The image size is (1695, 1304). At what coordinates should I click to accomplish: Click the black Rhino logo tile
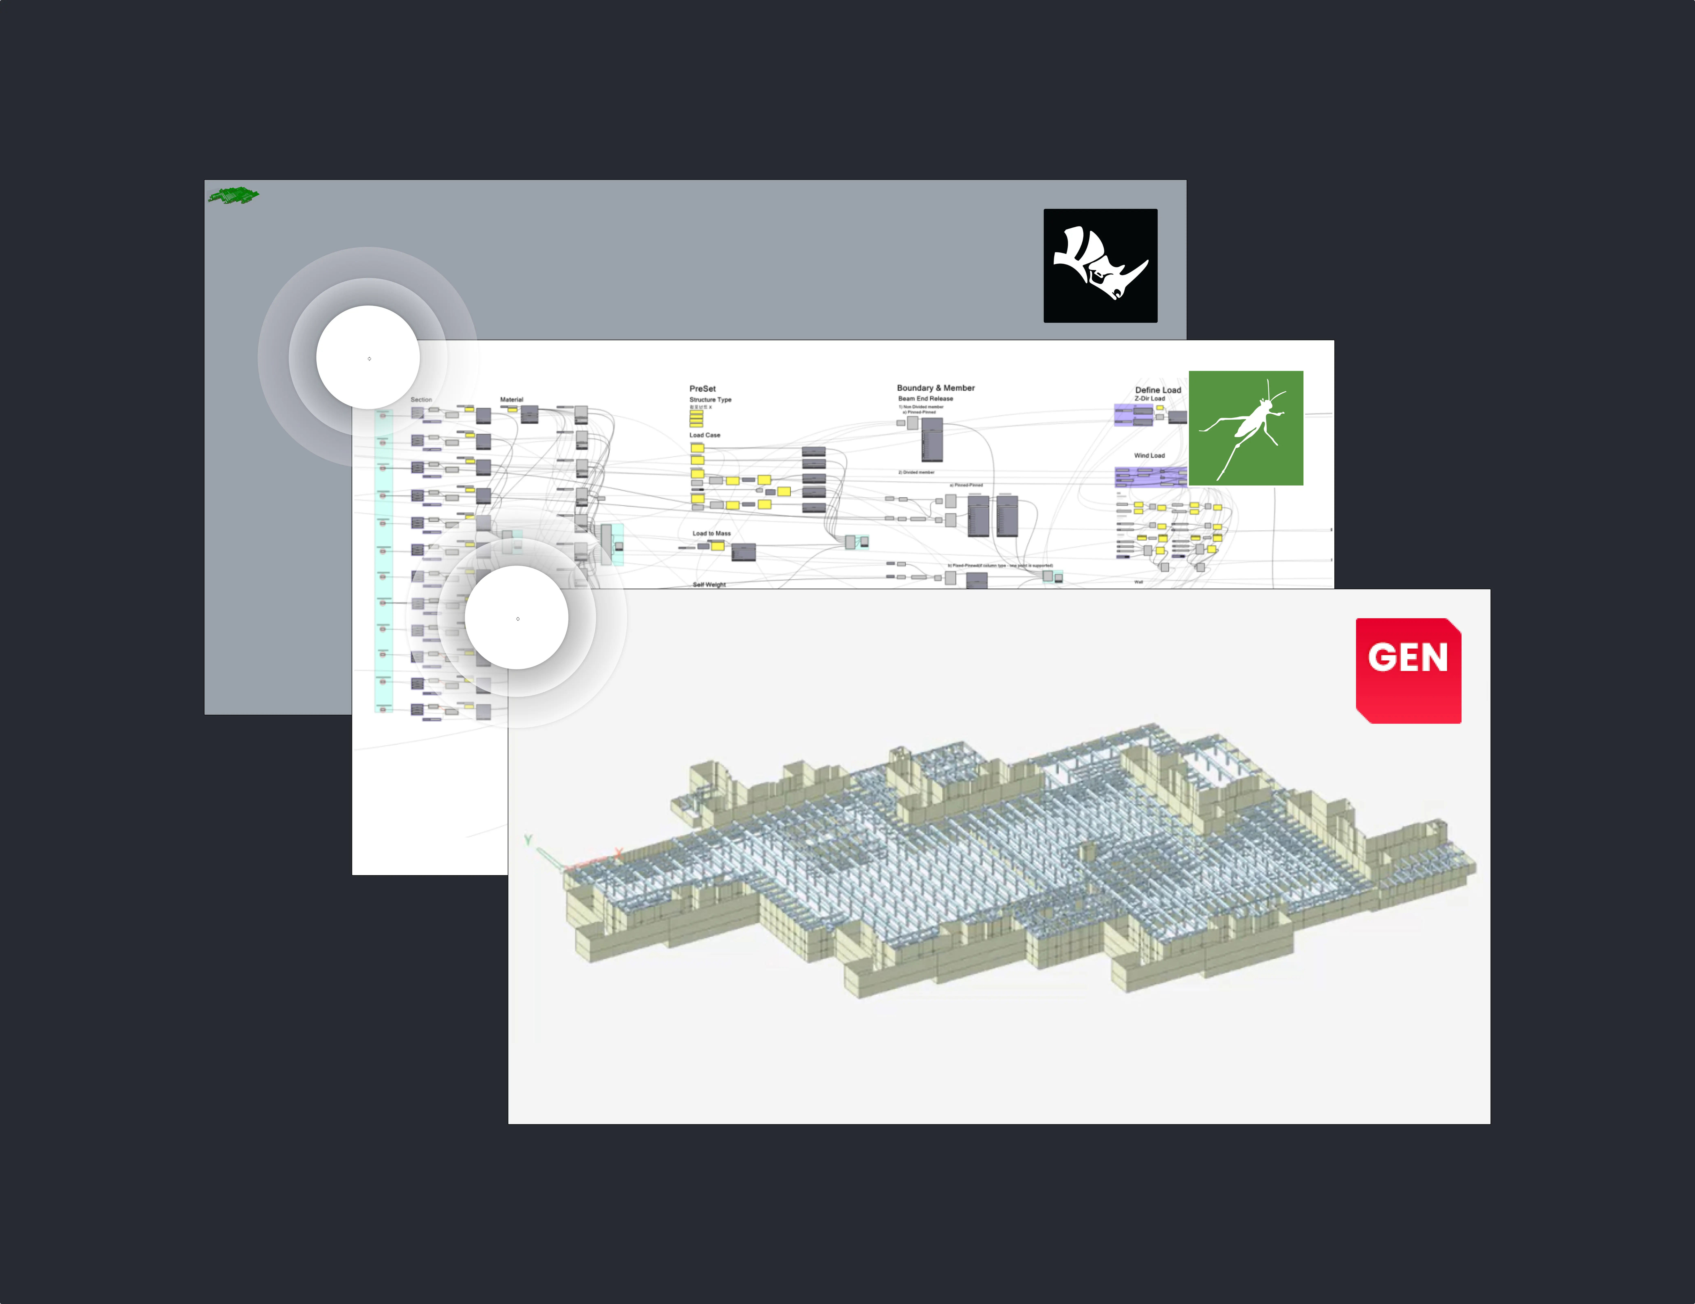(x=1100, y=265)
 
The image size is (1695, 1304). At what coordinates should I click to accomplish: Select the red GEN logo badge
(x=1408, y=671)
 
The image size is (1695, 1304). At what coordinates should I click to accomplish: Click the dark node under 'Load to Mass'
(x=744, y=552)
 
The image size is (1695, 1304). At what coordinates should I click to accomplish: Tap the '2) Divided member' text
(x=917, y=472)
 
